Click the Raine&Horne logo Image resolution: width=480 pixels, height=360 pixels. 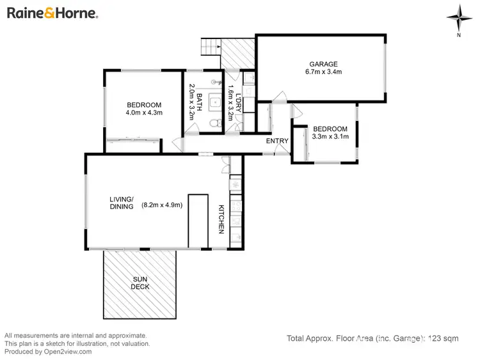coord(52,13)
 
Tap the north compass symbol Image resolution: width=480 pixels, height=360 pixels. coord(458,17)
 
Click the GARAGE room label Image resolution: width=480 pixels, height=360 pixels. coord(323,63)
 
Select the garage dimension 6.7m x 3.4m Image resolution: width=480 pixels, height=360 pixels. coord(323,72)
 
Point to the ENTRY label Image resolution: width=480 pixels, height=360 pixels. coord(278,141)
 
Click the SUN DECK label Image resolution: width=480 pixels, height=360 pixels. coord(141,283)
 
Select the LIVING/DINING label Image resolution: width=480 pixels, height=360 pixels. coord(121,202)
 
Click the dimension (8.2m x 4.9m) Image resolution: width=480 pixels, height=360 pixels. coord(162,205)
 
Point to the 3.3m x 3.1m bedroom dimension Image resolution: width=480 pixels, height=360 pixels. coord(330,136)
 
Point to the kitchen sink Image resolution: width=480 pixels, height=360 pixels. coord(235,184)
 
